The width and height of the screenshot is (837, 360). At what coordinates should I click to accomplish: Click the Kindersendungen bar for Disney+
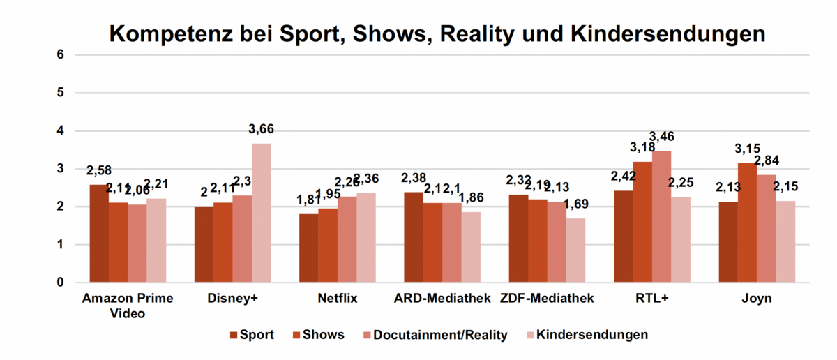pos(262,213)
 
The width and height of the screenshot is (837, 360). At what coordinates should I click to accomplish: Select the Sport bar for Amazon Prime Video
pos(99,234)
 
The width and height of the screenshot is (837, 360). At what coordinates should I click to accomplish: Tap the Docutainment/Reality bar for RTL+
pos(661,217)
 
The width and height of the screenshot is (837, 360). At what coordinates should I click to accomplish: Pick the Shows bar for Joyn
pos(747,223)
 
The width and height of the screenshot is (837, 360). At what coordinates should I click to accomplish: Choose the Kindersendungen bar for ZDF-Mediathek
pos(575,250)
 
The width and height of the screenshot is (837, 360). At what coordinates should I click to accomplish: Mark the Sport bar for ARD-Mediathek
pos(413,237)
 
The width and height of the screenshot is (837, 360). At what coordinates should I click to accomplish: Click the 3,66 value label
pos(262,128)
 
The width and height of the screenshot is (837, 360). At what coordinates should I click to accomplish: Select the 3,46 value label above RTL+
pos(661,136)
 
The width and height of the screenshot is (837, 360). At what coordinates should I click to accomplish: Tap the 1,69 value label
pos(576,204)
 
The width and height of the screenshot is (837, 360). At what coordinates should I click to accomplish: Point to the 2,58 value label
pos(99,170)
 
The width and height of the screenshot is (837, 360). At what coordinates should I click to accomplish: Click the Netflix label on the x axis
pos(337,299)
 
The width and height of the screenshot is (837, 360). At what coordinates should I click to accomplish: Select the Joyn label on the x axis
pos(756,299)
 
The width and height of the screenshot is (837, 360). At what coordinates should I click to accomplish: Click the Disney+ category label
pos(233,299)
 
